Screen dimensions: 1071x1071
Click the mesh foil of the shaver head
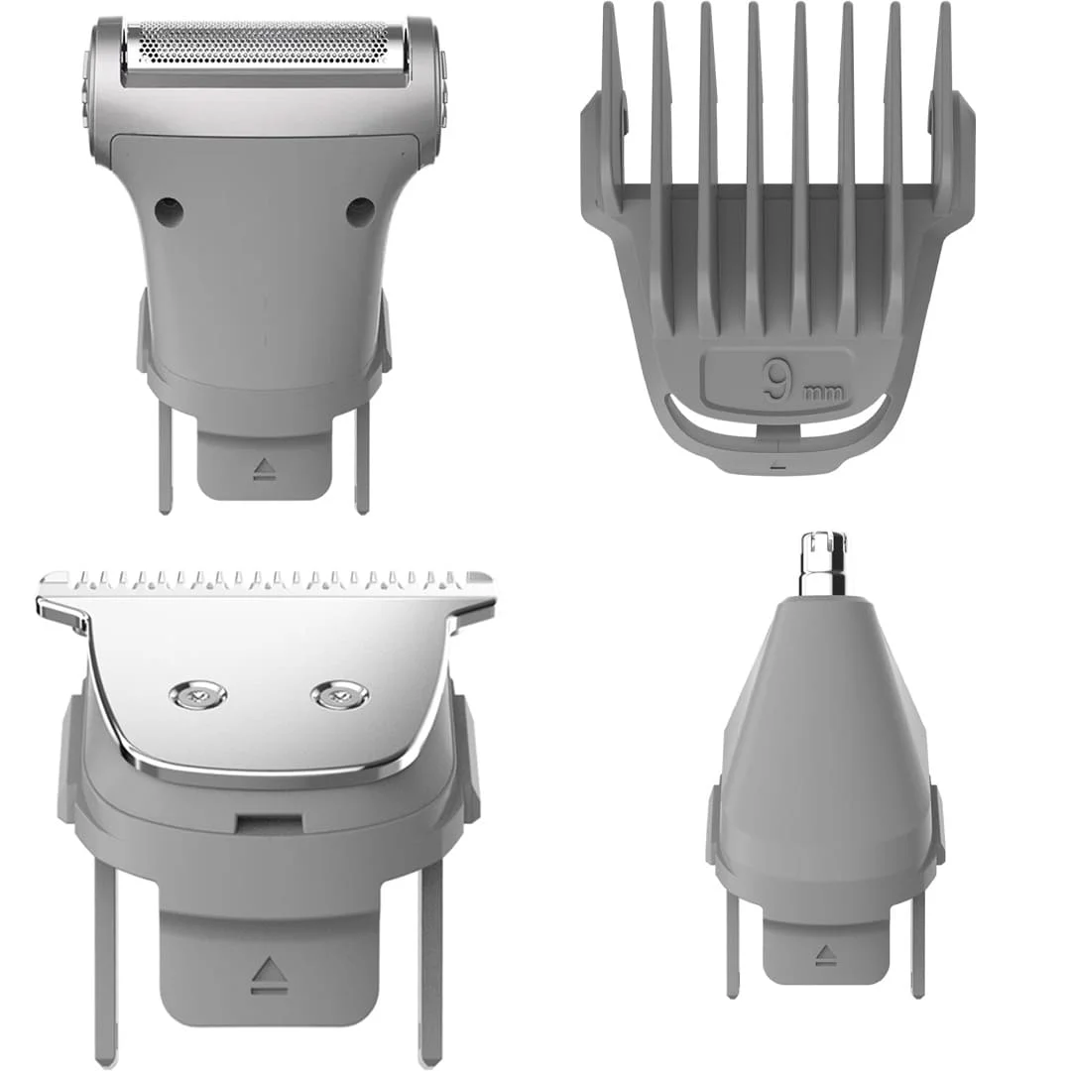click(x=263, y=47)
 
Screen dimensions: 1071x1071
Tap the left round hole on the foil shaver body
click(x=169, y=211)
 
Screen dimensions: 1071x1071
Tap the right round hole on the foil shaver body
click(x=360, y=211)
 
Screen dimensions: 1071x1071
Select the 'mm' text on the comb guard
click(x=823, y=393)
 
